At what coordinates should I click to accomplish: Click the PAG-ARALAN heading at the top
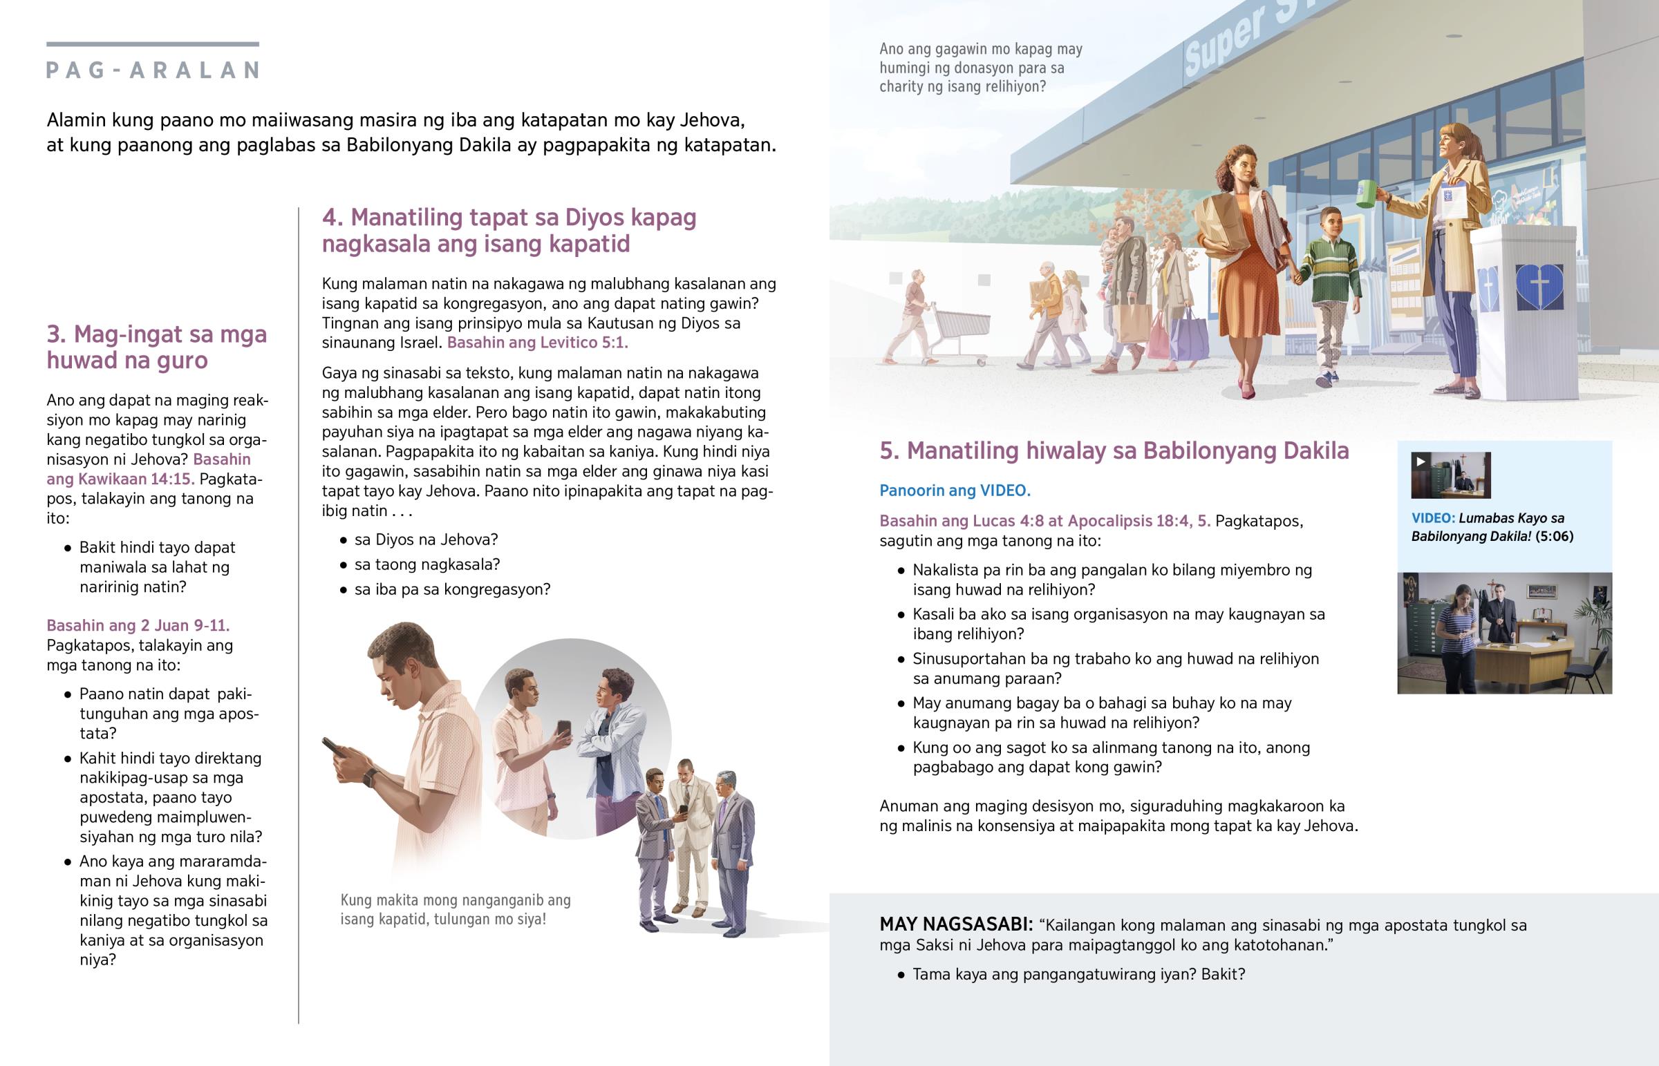pyautogui.click(x=153, y=70)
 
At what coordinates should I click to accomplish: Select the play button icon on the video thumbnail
pyautogui.click(x=1421, y=461)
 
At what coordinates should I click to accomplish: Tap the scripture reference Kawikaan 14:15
pyautogui.click(x=120, y=478)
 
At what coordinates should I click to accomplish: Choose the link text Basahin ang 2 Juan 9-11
pyautogui.click(x=138, y=625)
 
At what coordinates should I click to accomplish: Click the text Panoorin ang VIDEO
pyautogui.click(x=955, y=490)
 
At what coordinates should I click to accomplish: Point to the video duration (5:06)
pyautogui.click(x=1554, y=536)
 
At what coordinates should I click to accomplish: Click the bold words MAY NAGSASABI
pyautogui.click(x=955, y=925)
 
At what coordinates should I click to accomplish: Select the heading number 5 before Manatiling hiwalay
pyautogui.click(x=889, y=450)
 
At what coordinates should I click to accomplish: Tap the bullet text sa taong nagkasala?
pyautogui.click(x=427, y=564)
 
